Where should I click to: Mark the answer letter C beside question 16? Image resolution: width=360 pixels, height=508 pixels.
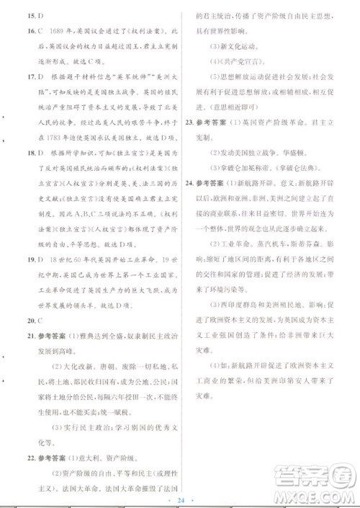(x=32, y=31)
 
